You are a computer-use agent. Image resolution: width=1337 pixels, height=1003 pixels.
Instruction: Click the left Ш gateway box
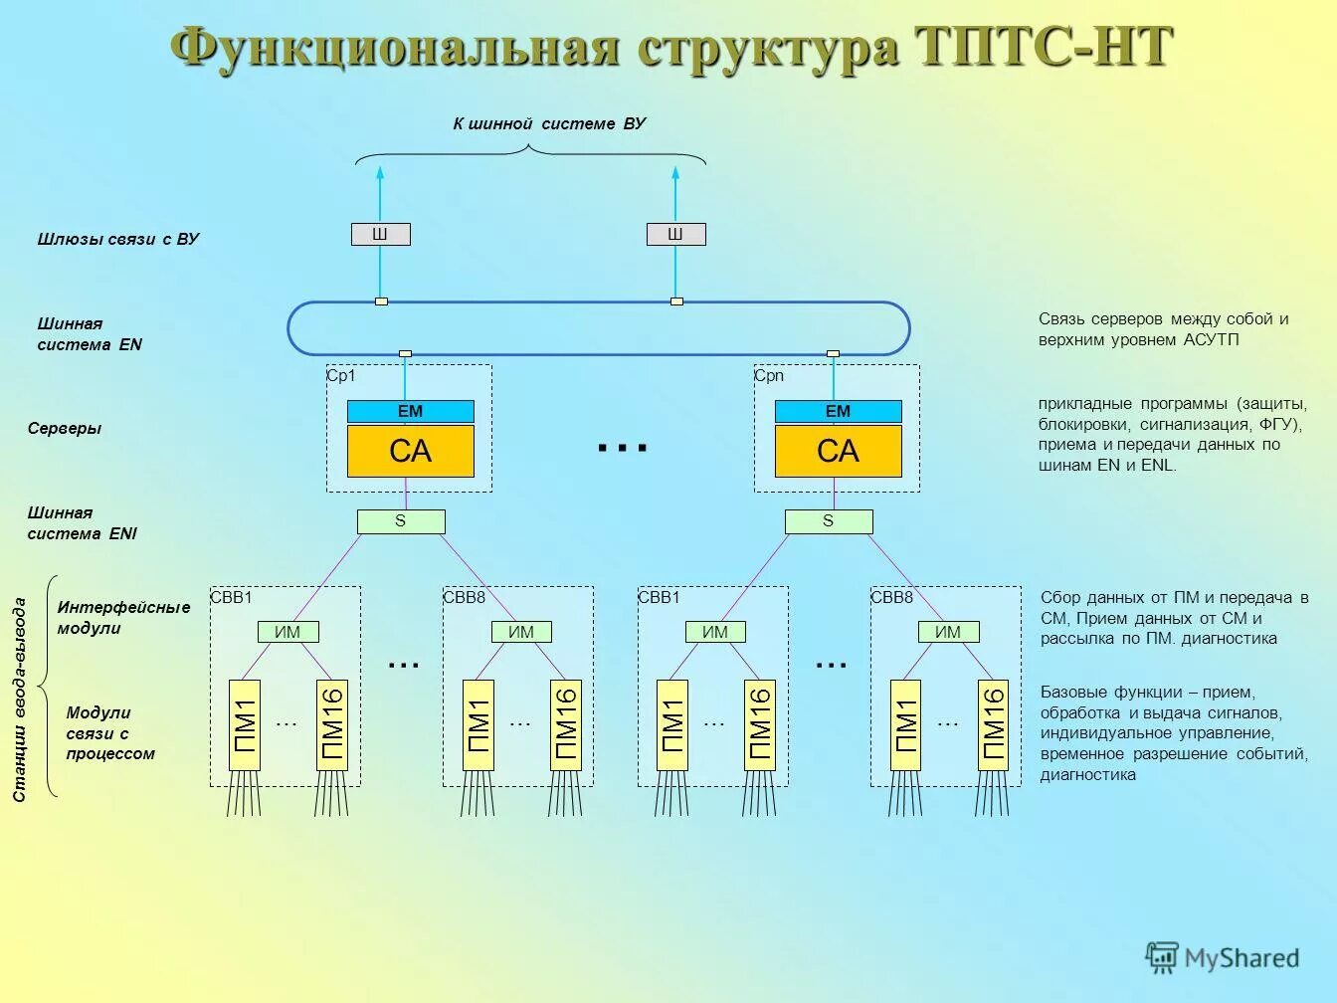pos(380,235)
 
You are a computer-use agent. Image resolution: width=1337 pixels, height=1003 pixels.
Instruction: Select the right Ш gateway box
pos(675,235)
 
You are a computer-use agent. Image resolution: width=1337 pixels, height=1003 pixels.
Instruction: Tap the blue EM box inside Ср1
pos(410,411)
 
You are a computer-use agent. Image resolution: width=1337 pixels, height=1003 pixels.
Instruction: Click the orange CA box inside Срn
pos(838,452)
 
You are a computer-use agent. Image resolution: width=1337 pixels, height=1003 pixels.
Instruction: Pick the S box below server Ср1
pos(401,521)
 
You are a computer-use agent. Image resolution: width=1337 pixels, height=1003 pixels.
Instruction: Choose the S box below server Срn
pos(828,521)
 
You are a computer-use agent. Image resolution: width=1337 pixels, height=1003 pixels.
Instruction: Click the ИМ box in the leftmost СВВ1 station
pos(286,632)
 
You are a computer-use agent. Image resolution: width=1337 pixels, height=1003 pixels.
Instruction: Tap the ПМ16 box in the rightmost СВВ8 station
pos(993,724)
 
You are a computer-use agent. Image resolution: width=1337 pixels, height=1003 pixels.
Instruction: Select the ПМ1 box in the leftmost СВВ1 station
pos(245,724)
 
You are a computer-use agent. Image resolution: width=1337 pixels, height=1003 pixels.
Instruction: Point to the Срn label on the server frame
pos(769,376)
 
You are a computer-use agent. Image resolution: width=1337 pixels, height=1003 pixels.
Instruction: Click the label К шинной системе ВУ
pos(549,123)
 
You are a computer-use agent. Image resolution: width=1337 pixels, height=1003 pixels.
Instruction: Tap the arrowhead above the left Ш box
pos(379,173)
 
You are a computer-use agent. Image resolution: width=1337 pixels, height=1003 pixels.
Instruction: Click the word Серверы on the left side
pos(65,429)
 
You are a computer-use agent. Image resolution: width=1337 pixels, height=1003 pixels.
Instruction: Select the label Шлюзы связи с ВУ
pos(118,239)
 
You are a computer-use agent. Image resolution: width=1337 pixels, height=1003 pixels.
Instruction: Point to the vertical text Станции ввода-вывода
pos(19,700)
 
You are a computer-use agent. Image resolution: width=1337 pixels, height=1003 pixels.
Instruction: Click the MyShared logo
pos(1223,957)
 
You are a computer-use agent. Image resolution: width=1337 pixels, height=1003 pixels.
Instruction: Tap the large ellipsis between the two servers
pos(623,449)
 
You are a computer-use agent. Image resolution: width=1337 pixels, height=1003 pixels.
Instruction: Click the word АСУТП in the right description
pos(1212,340)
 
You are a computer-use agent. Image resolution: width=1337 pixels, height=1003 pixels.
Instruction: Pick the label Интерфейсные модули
pos(123,618)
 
